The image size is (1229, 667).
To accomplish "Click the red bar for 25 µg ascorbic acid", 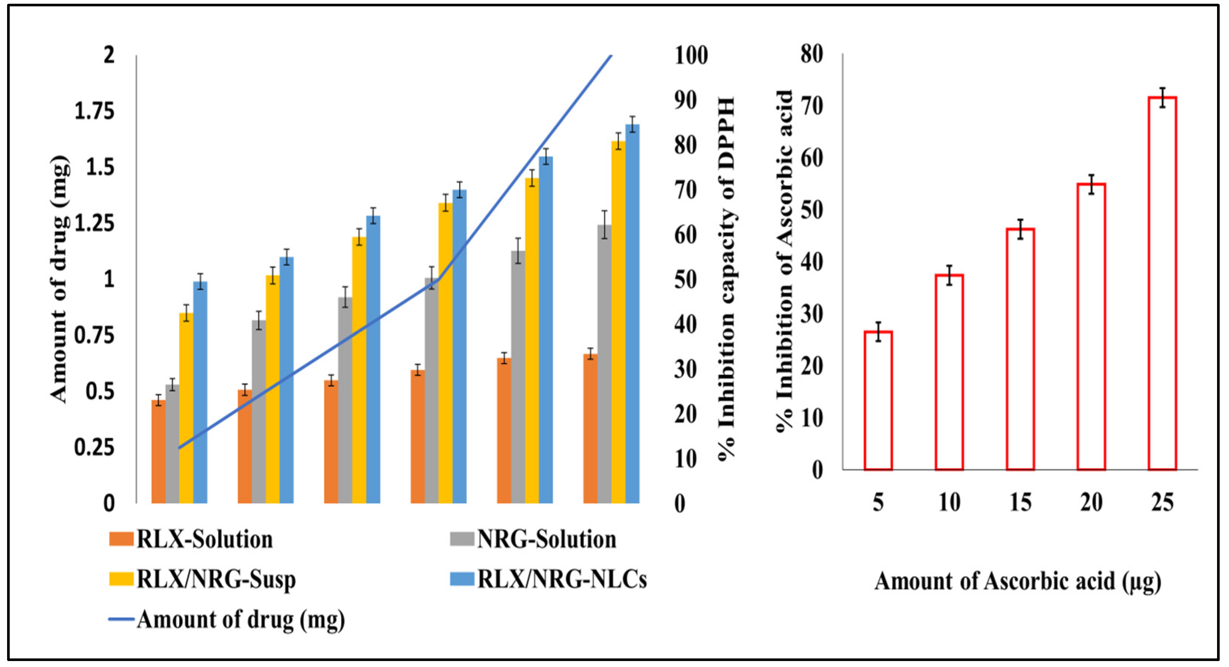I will tap(1162, 284).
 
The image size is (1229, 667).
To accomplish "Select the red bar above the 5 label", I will tap(878, 401).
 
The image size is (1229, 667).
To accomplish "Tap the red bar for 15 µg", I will tap(1020, 350).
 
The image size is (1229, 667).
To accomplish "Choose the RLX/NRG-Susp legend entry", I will tap(202, 580).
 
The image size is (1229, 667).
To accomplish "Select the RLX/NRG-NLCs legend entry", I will tap(548, 580).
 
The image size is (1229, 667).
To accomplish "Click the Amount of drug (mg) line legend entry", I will tap(227, 620).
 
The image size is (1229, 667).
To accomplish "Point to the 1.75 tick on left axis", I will tap(94, 112).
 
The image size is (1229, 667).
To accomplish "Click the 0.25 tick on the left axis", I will tap(94, 448).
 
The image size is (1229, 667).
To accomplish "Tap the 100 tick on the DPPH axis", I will tap(691, 56).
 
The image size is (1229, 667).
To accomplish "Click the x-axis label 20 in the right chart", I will tap(1091, 503).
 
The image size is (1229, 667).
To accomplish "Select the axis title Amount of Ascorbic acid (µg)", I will tap(1018, 582).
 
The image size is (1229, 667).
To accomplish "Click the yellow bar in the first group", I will tap(186, 408).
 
